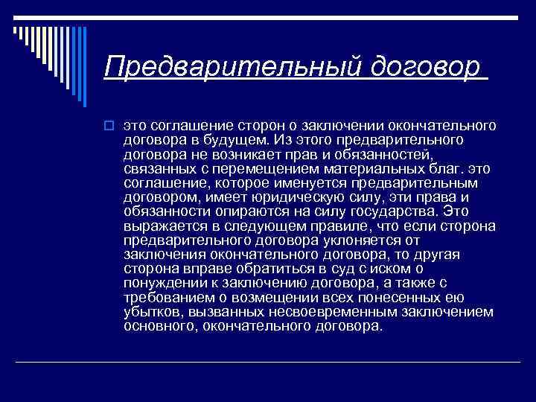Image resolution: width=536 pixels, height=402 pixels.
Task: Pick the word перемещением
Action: point(264,169)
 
